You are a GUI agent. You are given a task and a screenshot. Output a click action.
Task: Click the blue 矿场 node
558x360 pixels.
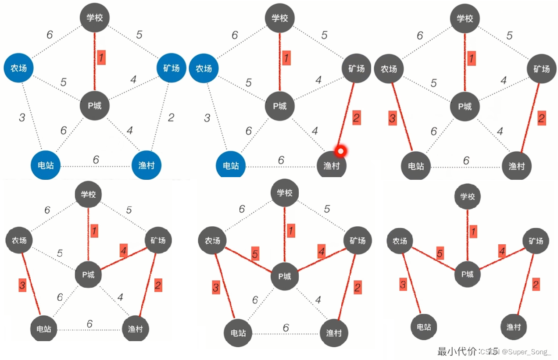[171, 68]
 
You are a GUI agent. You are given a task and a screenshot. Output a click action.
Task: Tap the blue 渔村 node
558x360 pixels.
[147, 166]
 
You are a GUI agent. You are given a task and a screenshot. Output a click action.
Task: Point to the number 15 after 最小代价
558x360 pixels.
[493, 351]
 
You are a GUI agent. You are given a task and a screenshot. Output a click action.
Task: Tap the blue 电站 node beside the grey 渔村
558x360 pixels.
[231, 166]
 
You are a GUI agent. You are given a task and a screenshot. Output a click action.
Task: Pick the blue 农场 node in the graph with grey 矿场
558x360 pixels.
[204, 68]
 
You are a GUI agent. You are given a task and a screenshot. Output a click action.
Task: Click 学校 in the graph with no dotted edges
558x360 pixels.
[468, 197]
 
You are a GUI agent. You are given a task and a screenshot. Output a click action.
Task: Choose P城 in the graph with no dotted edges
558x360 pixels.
[468, 274]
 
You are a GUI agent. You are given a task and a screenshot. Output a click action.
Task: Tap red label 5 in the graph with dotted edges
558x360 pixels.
[255, 253]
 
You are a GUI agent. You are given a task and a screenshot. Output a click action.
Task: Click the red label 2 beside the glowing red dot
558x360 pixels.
[356, 118]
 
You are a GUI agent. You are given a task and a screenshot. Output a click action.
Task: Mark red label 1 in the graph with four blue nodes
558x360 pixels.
[101, 57]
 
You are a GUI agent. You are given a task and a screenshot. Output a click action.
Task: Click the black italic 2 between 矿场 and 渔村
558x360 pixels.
[171, 117]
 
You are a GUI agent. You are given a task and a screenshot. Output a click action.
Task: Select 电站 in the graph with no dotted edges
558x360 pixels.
[424, 327]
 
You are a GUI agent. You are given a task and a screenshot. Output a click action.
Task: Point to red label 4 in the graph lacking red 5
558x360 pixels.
[124, 251]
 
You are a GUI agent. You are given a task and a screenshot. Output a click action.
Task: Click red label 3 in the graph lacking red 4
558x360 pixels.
[393, 118]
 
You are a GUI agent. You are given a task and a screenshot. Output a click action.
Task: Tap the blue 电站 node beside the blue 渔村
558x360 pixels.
[46, 166]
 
